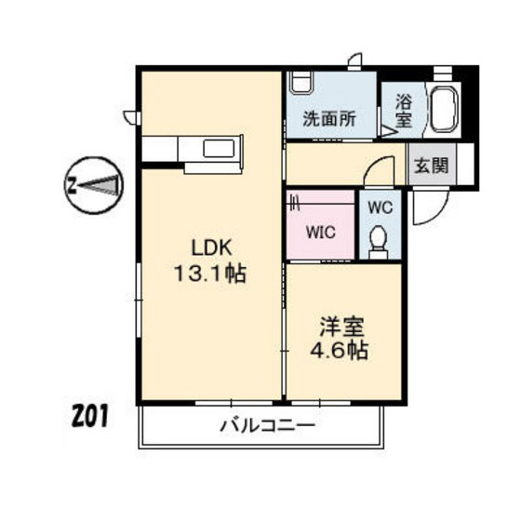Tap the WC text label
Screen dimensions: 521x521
point(381,207)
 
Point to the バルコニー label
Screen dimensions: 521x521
point(268,427)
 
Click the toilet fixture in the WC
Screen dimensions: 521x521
point(379,245)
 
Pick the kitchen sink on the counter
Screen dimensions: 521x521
point(222,150)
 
